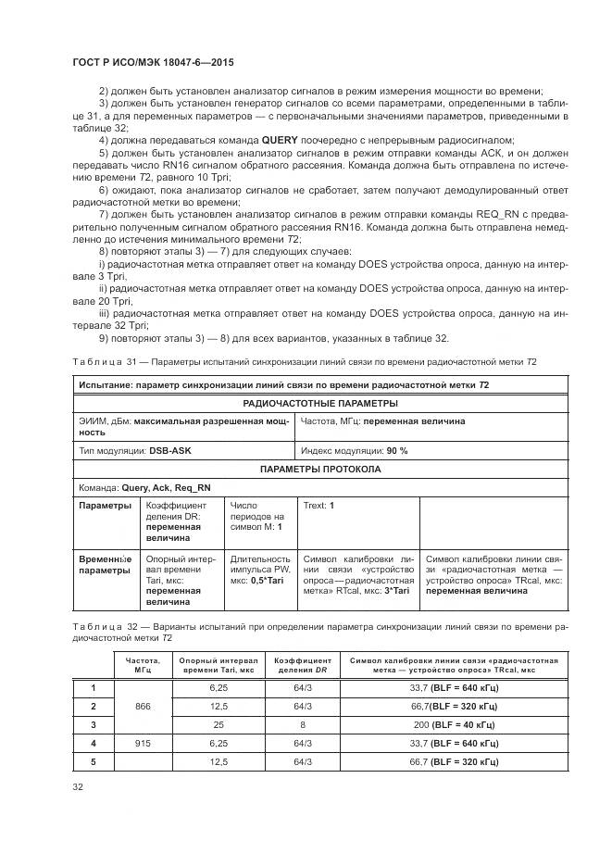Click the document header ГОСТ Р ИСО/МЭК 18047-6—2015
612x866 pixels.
click(153, 62)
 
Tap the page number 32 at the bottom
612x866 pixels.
click(78, 788)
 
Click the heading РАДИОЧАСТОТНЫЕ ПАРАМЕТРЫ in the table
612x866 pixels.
click(319, 403)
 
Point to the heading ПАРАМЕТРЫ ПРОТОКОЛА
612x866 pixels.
click(319, 469)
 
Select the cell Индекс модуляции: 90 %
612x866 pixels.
click(354, 450)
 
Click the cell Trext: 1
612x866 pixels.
click(318, 506)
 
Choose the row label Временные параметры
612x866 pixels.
click(105, 565)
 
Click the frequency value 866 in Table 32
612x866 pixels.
click(142, 705)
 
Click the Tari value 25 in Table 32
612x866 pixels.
click(218, 723)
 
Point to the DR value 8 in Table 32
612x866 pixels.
click(303, 723)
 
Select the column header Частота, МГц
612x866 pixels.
click(142, 666)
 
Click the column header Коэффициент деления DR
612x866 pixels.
click(303, 666)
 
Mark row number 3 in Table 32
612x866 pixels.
click(93, 723)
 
